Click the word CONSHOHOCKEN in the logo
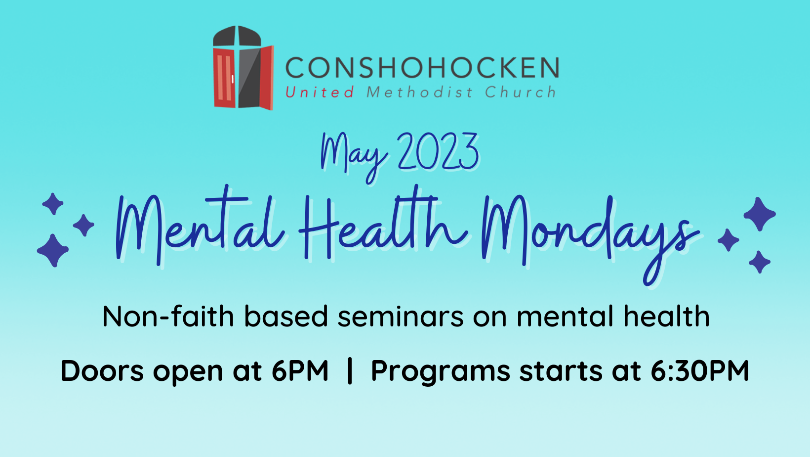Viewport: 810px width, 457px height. [x=422, y=68]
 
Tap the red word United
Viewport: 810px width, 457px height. [x=320, y=92]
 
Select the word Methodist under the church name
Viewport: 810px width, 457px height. [x=419, y=92]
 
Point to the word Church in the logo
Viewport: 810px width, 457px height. [x=520, y=92]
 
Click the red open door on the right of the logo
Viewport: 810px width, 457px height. [x=267, y=77]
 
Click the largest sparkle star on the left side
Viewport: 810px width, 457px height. [x=53, y=250]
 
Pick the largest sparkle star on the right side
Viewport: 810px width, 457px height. [x=759, y=214]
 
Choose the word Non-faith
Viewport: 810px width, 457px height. [x=168, y=317]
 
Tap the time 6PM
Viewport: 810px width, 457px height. [x=300, y=371]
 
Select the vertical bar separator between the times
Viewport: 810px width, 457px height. [x=350, y=371]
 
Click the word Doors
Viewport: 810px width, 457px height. [x=102, y=371]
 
